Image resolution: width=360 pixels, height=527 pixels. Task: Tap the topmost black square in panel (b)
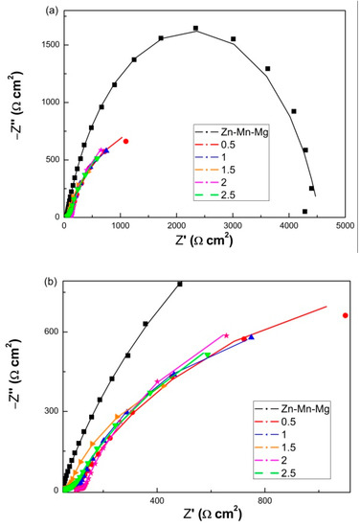pyautogui.click(x=179, y=284)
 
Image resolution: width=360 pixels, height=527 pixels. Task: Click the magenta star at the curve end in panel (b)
pyautogui.click(x=226, y=335)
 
